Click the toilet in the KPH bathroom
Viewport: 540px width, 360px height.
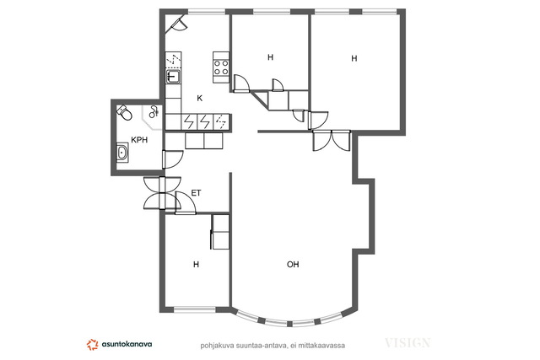point(124,112)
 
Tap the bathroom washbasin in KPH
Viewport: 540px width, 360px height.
point(122,152)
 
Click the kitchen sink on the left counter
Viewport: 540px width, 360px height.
point(173,77)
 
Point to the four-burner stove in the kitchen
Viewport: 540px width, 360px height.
point(221,67)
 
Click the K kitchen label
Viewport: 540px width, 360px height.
point(199,98)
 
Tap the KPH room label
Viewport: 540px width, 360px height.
point(139,140)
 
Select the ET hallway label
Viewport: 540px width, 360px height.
point(196,193)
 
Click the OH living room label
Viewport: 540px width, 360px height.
point(293,265)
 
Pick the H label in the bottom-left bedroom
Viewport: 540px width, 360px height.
point(196,265)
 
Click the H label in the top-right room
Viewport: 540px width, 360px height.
point(354,58)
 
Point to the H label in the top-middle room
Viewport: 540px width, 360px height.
point(270,57)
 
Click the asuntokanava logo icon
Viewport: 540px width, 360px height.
point(92,345)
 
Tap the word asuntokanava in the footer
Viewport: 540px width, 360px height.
point(127,344)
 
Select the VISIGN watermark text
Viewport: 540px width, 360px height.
point(408,343)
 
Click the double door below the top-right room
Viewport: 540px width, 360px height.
point(332,141)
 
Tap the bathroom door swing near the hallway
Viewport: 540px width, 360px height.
point(172,159)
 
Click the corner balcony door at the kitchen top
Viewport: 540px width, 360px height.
point(176,24)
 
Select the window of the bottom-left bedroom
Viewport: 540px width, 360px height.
point(195,309)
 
